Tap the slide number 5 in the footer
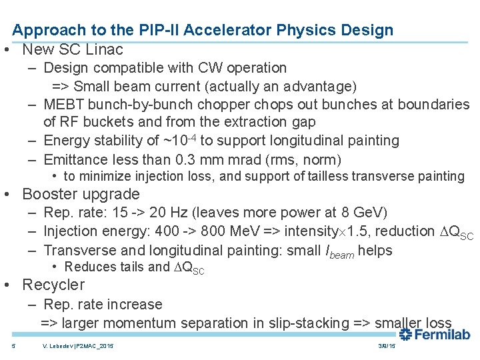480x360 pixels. (14, 347)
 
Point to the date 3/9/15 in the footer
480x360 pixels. (387, 347)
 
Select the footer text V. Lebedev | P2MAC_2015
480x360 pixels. (77, 347)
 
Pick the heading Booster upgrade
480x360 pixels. (81, 194)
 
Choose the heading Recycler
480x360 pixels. (53, 285)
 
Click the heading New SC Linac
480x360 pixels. (73, 49)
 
